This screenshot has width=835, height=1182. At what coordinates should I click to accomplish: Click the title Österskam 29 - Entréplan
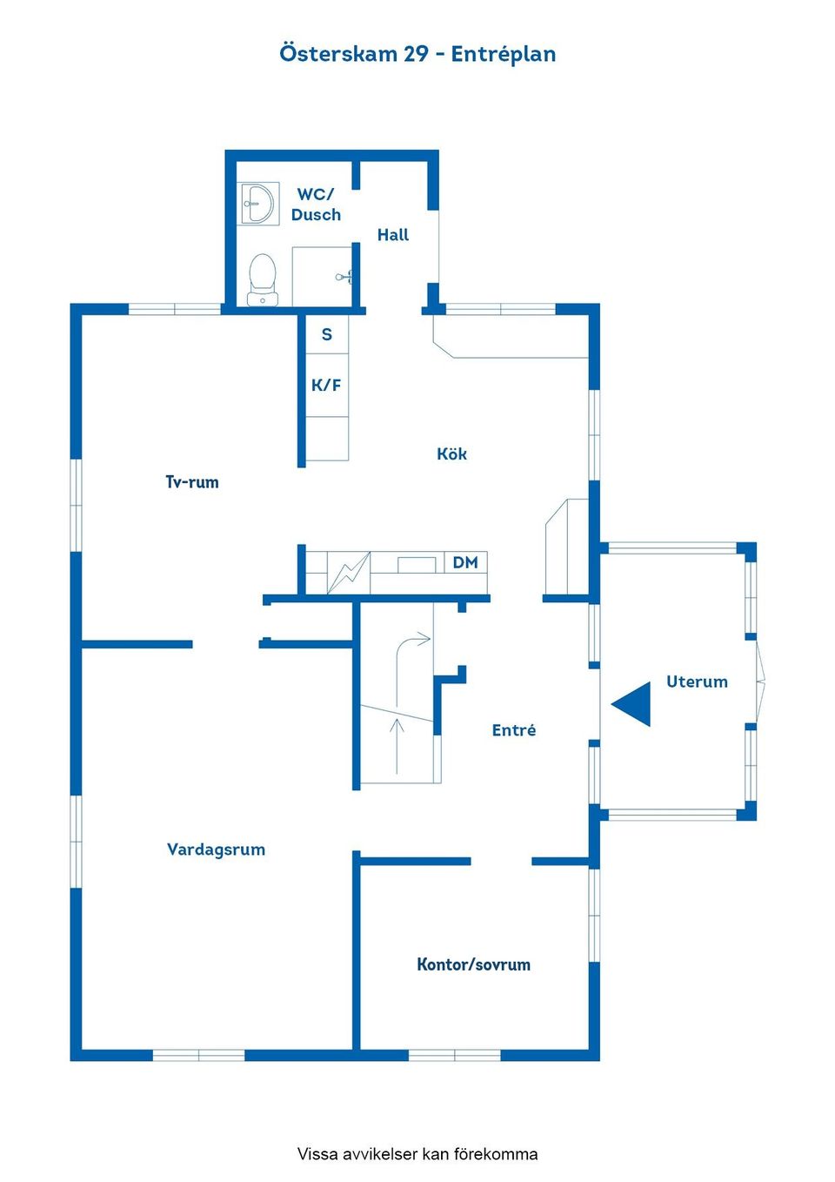pyautogui.click(x=417, y=54)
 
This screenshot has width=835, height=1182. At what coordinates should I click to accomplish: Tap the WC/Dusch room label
pyautogui.click(x=316, y=205)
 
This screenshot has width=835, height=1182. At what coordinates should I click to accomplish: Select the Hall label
pyautogui.click(x=393, y=235)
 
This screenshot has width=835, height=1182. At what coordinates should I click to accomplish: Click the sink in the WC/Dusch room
pyautogui.click(x=257, y=203)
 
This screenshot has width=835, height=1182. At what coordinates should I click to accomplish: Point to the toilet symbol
pyautogui.click(x=263, y=279)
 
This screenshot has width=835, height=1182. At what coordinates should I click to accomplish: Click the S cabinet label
pyautogui.click(x=327, y=334)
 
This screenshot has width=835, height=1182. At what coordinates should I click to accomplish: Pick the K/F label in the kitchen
pyautogui.click(x=326, y=386)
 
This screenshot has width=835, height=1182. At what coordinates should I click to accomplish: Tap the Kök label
pyautogui.click(x=451, y=453)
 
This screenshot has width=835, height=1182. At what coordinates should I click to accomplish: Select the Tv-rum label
pyautogui.click(x=192, y=482)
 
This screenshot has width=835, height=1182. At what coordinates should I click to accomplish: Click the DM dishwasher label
pyautogui.click(x=465, y=562)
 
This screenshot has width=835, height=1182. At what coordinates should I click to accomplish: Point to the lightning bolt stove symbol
pyautogui.click(x=349, y=572)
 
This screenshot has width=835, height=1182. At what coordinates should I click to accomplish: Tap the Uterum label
pyautogui.click(x=697, y=682)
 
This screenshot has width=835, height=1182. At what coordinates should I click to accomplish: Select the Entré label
pyautogui.click(x=514, y=730)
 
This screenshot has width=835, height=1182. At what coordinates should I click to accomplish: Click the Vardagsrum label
pyautogui.click(x=216, y=850)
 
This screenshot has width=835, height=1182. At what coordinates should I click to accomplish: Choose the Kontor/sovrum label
pyautogui.click(x=473, y=964)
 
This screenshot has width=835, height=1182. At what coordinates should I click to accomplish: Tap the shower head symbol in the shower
pyautogui.click(x=344, y=276)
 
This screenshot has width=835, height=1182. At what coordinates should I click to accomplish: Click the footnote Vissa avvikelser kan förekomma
pyautogui.click(x=417, y=1154)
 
